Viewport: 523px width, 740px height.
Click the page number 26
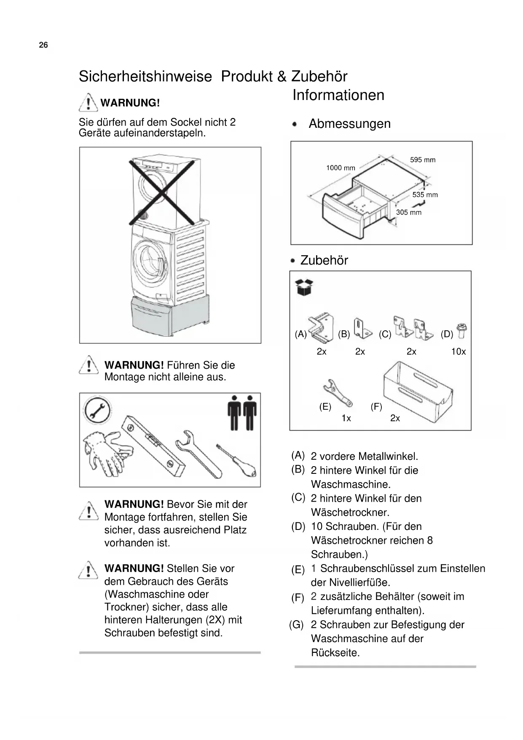point(43,45)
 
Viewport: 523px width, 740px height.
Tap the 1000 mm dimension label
point(341,168)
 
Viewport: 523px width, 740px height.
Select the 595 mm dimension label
point(423,160)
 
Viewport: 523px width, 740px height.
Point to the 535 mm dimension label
point(425,195)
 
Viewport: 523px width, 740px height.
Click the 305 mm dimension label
point(408,213)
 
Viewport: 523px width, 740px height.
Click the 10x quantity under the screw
point(458,352)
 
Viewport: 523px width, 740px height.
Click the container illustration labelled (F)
point(417,388)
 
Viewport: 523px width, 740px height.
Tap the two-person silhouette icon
point(242,413)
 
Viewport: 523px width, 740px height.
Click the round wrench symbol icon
point(97,410)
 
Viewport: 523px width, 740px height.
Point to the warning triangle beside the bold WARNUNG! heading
point(88,102)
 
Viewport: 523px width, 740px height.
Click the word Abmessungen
point(349,124)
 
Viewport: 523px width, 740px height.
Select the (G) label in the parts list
point(296,625)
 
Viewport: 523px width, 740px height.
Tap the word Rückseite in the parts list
point(335,653)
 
